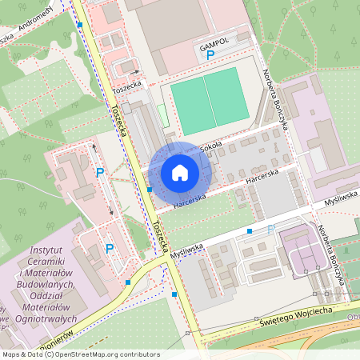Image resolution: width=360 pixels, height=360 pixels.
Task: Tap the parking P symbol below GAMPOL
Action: pos(210,56)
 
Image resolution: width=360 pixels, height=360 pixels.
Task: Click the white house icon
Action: pos(180,172)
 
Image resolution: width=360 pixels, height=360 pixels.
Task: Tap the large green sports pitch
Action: pos(210,101)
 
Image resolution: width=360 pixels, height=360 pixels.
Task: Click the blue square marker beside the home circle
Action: pos(149,190)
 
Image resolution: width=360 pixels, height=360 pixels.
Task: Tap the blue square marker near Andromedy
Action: pos(80,25)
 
